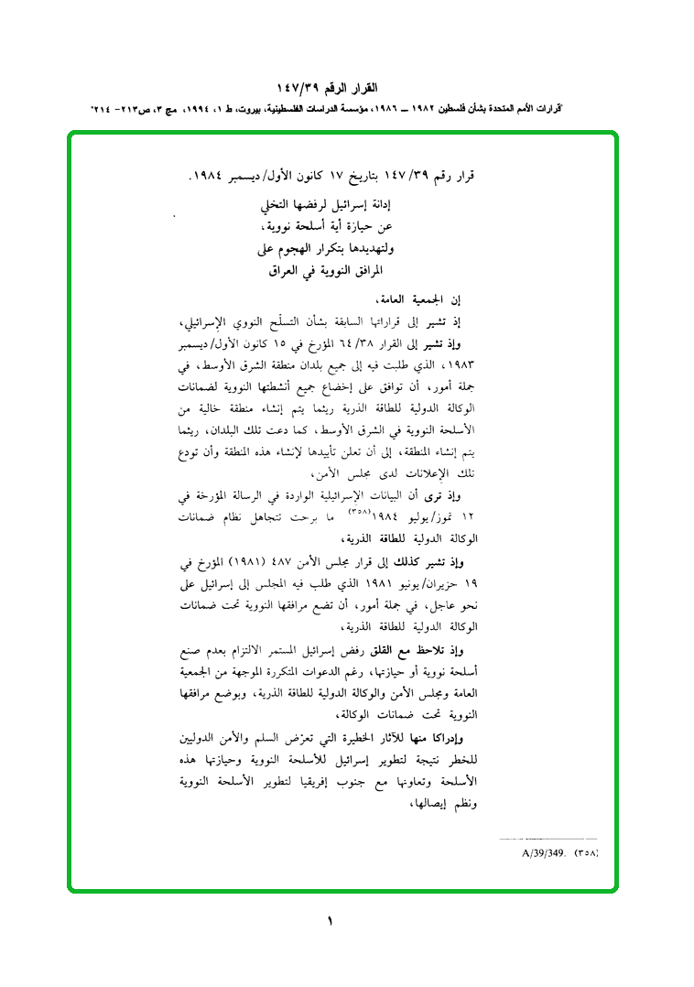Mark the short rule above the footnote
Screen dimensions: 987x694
[x=548, y=839]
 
